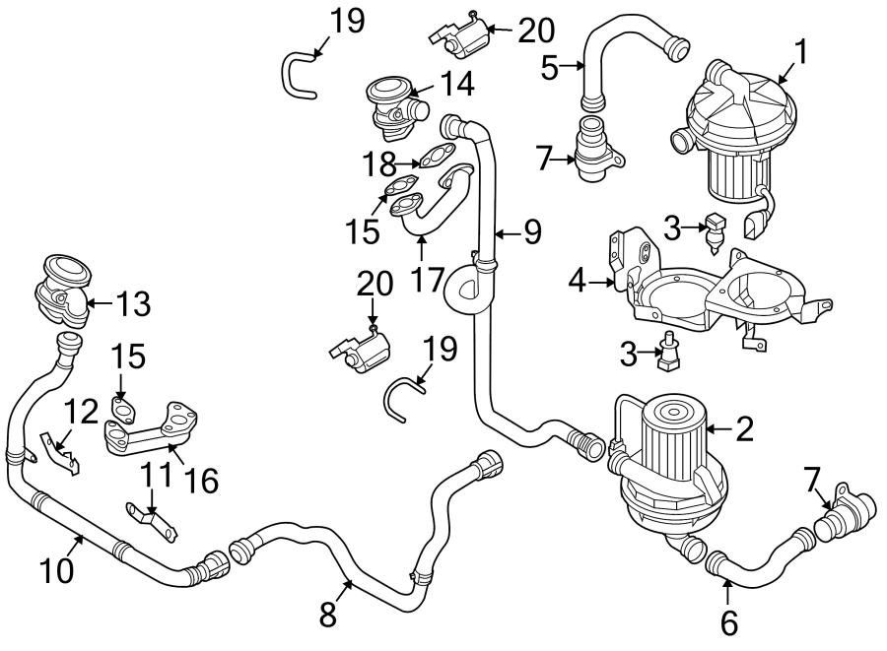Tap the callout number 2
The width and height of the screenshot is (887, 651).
[745, 428]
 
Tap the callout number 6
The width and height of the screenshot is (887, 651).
[728, 621]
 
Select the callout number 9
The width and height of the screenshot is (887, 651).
[532, 232]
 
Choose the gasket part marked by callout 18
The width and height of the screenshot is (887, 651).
[436, 156]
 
